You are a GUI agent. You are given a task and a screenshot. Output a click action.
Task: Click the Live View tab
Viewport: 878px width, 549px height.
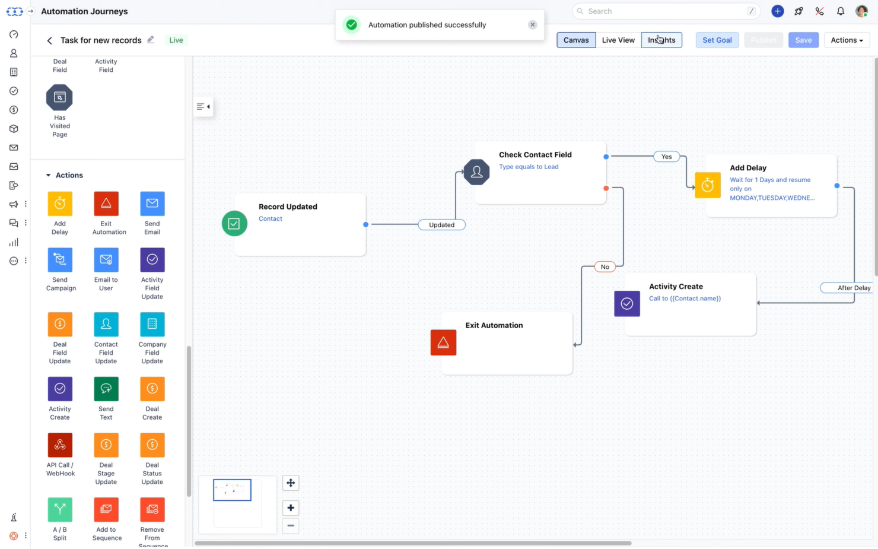[618, 40]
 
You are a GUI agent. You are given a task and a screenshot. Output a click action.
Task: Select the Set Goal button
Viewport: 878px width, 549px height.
[717, 40]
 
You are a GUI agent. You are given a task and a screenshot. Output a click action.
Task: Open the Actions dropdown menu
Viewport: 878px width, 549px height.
[846, 40]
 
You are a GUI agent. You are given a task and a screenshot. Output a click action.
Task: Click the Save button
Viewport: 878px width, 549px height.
[803, 40]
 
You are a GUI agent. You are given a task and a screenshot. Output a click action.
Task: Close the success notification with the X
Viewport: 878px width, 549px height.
[532, 25]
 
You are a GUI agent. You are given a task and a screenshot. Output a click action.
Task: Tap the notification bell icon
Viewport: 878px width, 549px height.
[840, 11]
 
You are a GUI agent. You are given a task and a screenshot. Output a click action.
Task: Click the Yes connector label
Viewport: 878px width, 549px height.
[666, 157]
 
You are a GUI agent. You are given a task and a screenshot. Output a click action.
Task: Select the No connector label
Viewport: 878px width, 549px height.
[605, 266]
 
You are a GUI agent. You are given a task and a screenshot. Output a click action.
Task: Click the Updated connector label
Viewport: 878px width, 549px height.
[441, 225]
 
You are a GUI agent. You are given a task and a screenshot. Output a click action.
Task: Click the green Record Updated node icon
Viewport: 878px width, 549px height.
[234, 224]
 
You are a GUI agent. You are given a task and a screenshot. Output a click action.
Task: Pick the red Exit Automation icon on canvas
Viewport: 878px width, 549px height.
[443, 342]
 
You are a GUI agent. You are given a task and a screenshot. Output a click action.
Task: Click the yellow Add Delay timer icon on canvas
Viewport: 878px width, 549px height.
[707, 185]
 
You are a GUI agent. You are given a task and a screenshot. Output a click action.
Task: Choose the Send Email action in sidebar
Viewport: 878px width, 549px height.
[152, 204]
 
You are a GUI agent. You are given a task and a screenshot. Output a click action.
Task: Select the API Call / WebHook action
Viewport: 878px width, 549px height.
[60, 445]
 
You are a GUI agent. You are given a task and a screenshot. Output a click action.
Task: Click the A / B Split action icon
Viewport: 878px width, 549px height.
[60, 510]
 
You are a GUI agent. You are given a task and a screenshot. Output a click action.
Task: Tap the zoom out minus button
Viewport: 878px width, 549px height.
[291, 525]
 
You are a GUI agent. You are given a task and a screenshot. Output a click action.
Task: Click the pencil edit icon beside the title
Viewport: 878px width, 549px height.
[151, 40]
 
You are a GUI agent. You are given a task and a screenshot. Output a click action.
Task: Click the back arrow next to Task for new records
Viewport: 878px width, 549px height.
[49, 40]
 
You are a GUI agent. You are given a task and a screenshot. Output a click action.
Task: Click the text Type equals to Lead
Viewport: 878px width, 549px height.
[528, 167]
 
